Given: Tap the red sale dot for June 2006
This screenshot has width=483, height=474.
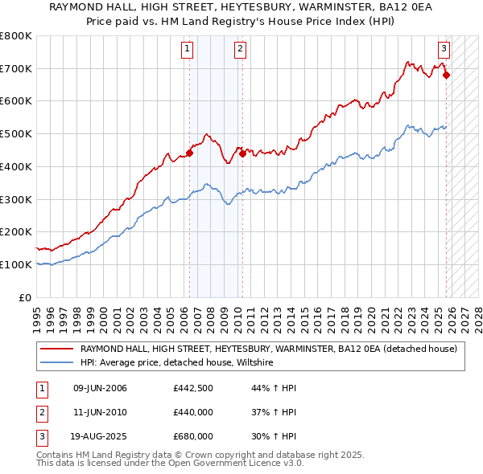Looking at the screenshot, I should (190, 153).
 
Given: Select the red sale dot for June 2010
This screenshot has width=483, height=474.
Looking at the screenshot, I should (242, 153).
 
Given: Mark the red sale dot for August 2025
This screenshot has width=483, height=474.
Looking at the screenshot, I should (447, 76).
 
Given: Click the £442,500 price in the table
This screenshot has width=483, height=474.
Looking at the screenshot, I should (192, 388).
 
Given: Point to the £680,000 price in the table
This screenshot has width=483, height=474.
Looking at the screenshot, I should (192, 438).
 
